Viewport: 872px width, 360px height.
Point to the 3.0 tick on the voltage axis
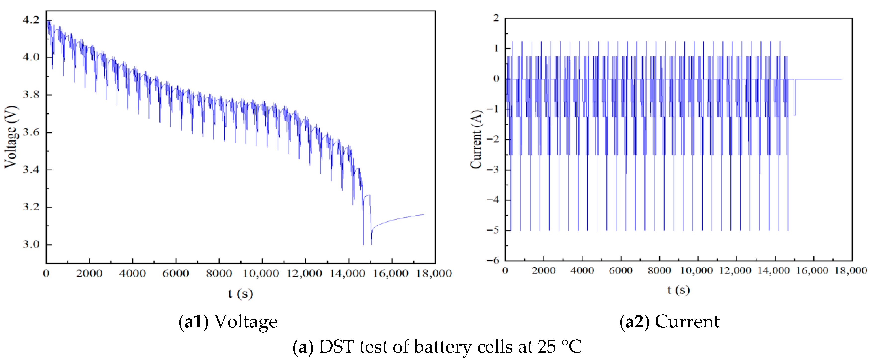pyautogui.click(x=31, y=244)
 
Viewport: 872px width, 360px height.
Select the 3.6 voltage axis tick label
pyautogui.click(x=31, y=132)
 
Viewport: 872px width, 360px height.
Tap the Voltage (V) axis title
pyautogui.click(x=11, y=137)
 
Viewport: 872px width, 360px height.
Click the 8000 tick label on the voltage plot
pyautogui.click(x=219, y=273)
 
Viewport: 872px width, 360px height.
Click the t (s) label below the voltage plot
pyautogui.click(x=240, y=293)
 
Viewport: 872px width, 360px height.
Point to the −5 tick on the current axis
pyautogui.click(x=493, y=230)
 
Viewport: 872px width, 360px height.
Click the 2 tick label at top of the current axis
pyautogui.click(x=496, y=18)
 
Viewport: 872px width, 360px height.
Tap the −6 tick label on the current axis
pyautogui.click(x=493, y=260)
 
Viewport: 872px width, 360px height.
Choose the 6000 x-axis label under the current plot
pyautogui.click(x=621, y=271)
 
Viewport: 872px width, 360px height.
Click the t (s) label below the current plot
pyautogui.click(x=678, y=290)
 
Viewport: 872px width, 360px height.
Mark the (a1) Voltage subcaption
pyautogui.click(x=228, y=321)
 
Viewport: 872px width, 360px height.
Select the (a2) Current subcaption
pyautogui.click(x=669, y=321)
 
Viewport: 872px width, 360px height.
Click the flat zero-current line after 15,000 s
pyautogui.click(x=819, y=79)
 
